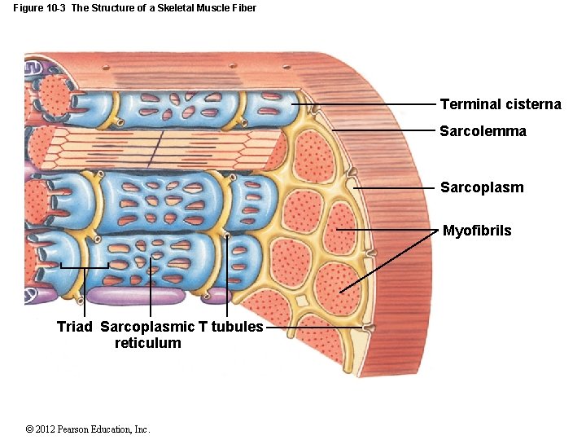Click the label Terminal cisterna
tap(500, 104)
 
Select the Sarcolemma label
tap(483, 131)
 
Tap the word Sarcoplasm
tap(482, 187)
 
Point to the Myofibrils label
tap(477, 231)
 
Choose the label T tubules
tap(231, 327)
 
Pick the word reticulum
tap(148, 343)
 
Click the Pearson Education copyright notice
tap(88, 429)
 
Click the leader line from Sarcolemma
tap(383, 130)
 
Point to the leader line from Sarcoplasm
tap(395, 187)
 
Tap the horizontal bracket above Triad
tap(85, 267)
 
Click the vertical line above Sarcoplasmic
tap(151, 293)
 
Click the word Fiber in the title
tap(243, 8)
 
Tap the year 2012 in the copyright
tap(46, 429)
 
